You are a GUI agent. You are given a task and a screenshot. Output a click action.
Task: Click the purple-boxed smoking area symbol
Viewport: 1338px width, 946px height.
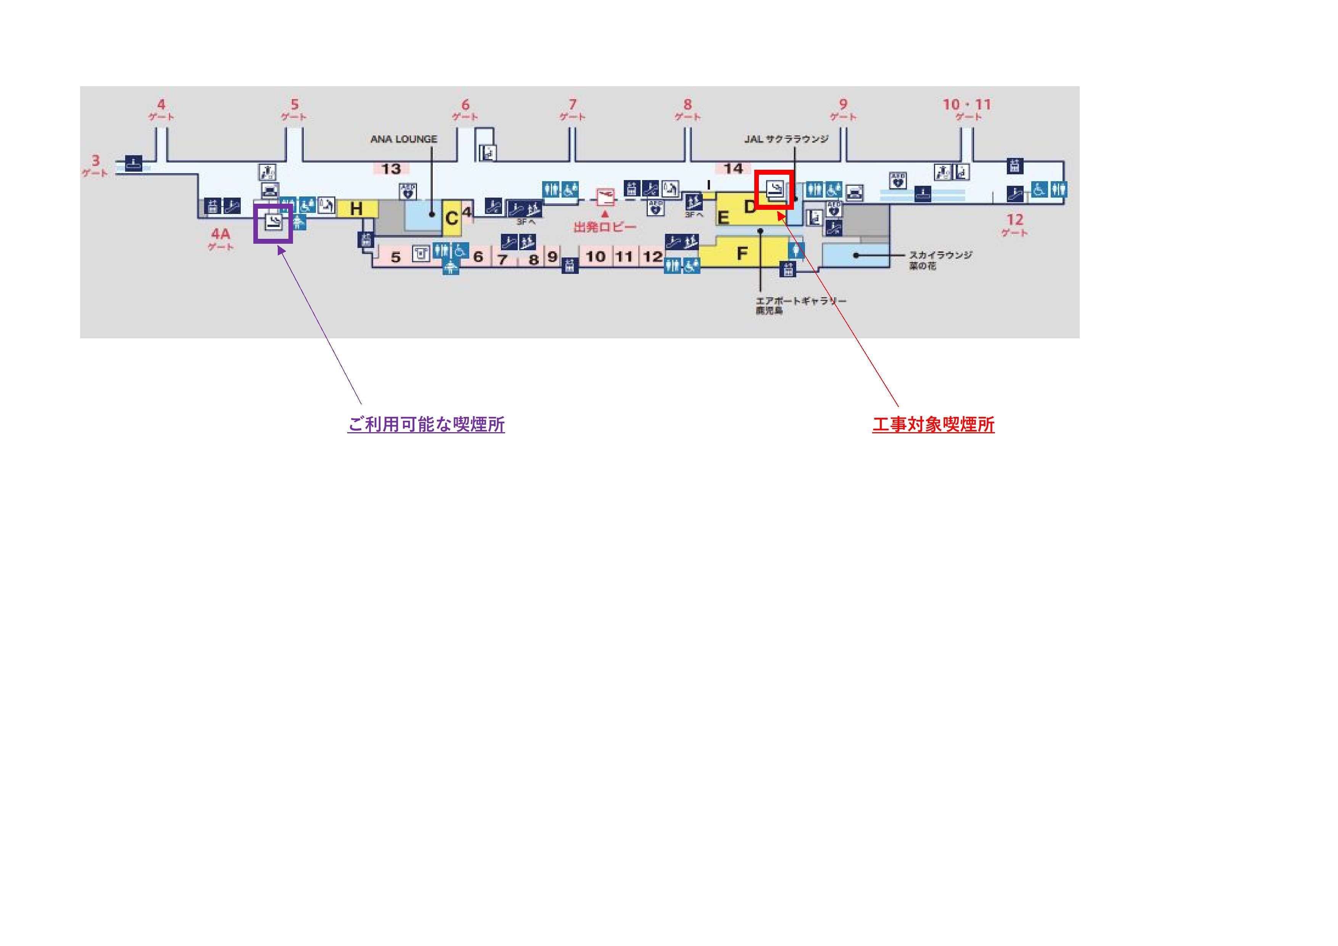click(x=273, y=222)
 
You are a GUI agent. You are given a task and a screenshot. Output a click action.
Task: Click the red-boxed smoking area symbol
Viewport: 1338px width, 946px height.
click(x=774, y=189)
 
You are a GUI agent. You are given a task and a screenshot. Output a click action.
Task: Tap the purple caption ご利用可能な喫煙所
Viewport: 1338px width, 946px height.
click(x=426, y=425)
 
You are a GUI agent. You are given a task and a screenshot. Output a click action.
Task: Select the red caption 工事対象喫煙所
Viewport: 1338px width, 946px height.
click(x=933, y=425)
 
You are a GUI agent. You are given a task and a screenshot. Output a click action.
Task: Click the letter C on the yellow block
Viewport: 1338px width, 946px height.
click(x=451, y=219)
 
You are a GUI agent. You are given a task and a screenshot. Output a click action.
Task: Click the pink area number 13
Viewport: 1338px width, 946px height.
click(x=391, y=169)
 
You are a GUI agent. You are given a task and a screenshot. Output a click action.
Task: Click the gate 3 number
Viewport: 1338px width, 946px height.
click(x=95, y=160)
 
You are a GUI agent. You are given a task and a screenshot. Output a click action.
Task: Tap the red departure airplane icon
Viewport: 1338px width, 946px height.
click(x=605, y=197)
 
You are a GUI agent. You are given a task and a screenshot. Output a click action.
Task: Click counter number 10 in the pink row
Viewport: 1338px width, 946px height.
click(x=596, y=256)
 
